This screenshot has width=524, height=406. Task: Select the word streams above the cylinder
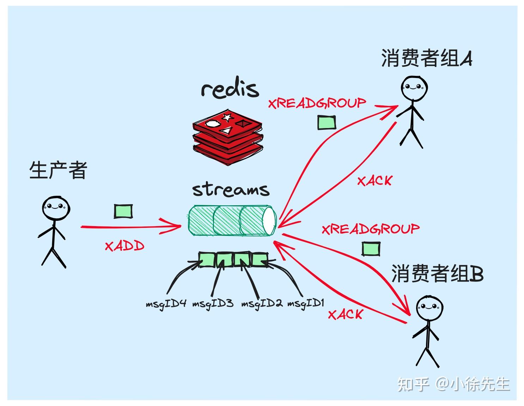point(231,189)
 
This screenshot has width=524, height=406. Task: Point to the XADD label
point(124,246)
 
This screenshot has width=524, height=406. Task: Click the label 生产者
point(58,170)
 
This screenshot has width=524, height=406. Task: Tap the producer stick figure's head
point(55,208)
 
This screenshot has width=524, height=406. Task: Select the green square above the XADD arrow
point(123,211)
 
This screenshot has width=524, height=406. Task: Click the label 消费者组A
point(426,58)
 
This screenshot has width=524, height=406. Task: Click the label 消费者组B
point(437,273)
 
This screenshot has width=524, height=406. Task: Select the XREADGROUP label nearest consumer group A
point(317,103)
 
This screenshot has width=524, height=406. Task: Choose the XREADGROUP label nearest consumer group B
point(371,229)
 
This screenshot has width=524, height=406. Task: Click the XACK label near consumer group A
point(374,181)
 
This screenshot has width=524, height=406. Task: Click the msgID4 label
point(166,303)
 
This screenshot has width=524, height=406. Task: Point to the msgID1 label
point(305,303)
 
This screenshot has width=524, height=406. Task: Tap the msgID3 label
point(213,303)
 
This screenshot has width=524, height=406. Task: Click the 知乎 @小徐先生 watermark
point(453,384)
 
